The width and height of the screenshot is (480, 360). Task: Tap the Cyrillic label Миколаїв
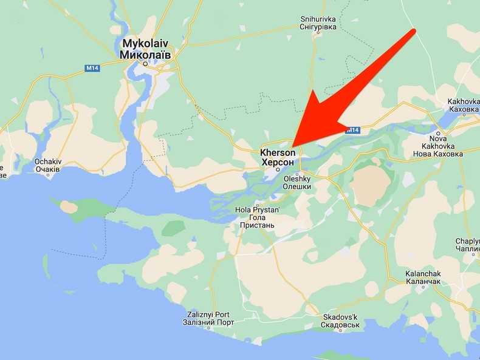coord(145,54)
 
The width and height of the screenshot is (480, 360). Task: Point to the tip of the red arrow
coord(294,146)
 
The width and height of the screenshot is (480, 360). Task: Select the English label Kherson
coord(278,152)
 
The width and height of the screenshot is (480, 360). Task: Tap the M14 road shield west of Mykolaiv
coord(92,68)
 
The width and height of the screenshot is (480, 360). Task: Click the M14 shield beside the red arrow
coord(353,130)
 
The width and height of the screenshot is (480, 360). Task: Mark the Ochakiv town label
coord(48,161)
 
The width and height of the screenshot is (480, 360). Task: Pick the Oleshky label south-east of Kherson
coord(297,179)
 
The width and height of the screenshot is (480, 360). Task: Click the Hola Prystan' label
coord(257,210)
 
